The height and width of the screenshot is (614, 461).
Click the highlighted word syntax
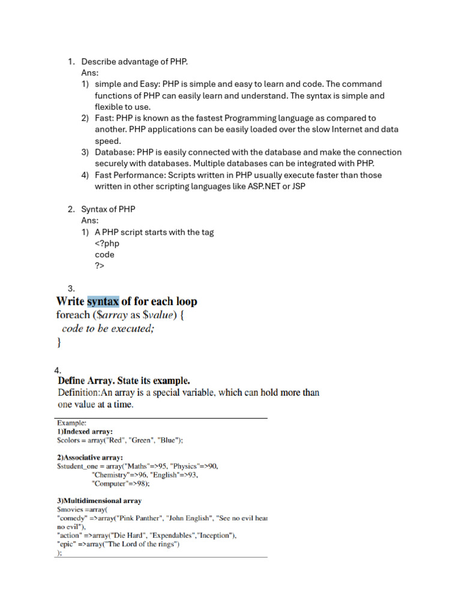(103, 302)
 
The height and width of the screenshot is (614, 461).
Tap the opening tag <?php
(107, 243)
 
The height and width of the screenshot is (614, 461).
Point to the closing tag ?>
(100, 266)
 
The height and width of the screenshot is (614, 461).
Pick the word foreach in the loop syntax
(71, 315)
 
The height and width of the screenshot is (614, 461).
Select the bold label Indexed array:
(88, 431)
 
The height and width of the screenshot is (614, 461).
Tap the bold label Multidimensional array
(103, 501)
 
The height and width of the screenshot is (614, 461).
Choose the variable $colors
(69, 440)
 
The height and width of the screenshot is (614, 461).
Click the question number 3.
(71, 289)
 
